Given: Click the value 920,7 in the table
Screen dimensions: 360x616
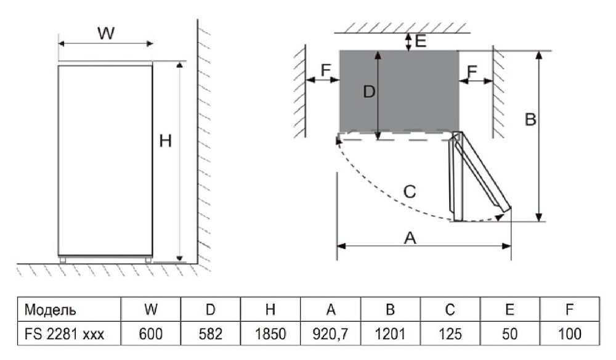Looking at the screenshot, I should pyautogui.click(x=331, y=334).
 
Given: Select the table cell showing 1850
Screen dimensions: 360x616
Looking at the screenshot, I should pyautogui.click(x=270, y=334).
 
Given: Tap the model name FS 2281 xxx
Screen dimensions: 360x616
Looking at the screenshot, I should pyautogui.click(x=64, y=334).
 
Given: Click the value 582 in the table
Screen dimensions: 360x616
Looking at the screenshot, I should pyautogui.click(x=211, y=334).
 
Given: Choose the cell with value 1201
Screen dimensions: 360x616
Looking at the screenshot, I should pyautogui.click(x=391, y=334).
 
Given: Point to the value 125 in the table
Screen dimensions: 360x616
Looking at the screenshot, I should pyautogui.click(x=451, y=334).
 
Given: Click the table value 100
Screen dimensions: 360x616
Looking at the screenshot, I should pyautogui.click(x=570, y=334).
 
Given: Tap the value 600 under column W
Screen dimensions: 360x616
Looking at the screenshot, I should pyautogui.click(x=151, y=334).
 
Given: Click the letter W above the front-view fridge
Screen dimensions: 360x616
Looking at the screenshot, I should pyautogui.click(x=106, y=34).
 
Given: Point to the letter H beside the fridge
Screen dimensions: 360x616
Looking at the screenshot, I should pyautogui.click(x=165, y=141).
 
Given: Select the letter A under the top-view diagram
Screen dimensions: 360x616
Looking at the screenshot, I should pyautogui.click(x=410, y=238).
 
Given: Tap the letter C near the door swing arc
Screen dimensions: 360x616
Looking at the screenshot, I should pyautogui.click(x=409, y=192).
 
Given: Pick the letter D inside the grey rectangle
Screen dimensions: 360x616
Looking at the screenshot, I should pyautogui.click(x=369, y=92).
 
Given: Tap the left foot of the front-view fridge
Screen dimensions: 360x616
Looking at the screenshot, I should pyautogui.click(x=63, y=260).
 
